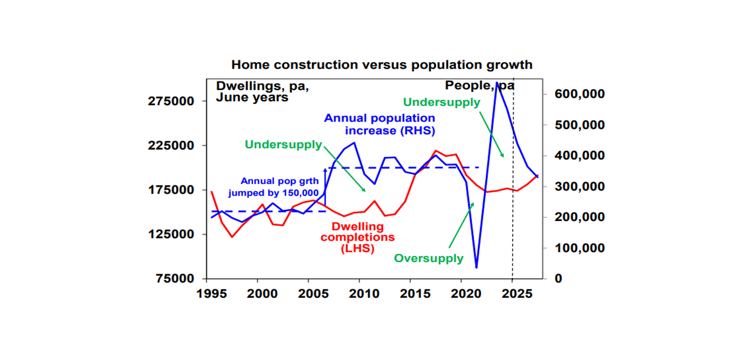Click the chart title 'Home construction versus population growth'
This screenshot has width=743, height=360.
(381, 65)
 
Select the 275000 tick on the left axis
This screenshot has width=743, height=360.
(174, 101)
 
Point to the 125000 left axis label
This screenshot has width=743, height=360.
(174, 234)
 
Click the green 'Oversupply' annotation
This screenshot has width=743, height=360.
(429, 258)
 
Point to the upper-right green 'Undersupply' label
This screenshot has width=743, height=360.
(441, 102)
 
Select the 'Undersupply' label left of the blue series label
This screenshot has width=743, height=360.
(283, 144)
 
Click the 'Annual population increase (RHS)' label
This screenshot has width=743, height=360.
(379, 124)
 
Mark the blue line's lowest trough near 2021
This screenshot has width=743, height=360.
(476, 267)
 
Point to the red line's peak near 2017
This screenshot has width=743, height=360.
(435, 151)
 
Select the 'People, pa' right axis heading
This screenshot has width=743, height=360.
(479, 86)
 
